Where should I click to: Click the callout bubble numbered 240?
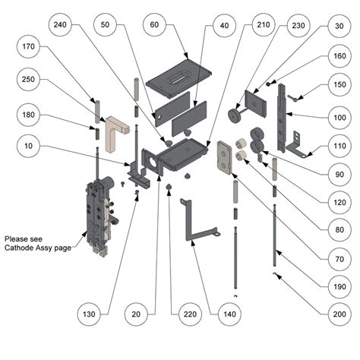60,24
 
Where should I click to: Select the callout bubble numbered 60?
154,24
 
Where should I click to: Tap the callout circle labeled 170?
28,46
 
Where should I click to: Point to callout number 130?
89,314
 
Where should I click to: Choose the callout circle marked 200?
339,314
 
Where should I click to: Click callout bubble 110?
339,146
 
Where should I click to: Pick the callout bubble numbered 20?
136,314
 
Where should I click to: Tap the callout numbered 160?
339,56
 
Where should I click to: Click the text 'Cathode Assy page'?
38,248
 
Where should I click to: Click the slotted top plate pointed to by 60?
178,78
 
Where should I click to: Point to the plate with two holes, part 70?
225,157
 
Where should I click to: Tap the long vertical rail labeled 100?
282,118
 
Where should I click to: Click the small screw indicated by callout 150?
292,98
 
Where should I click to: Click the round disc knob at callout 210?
235,115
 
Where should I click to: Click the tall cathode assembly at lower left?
100,215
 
